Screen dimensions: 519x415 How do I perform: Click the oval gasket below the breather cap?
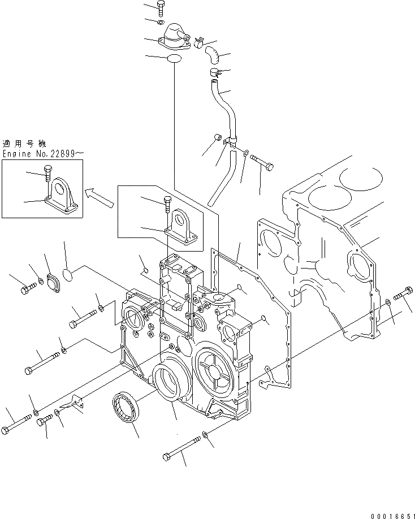tap(175, 58)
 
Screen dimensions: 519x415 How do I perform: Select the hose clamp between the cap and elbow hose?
tap(200, 41)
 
